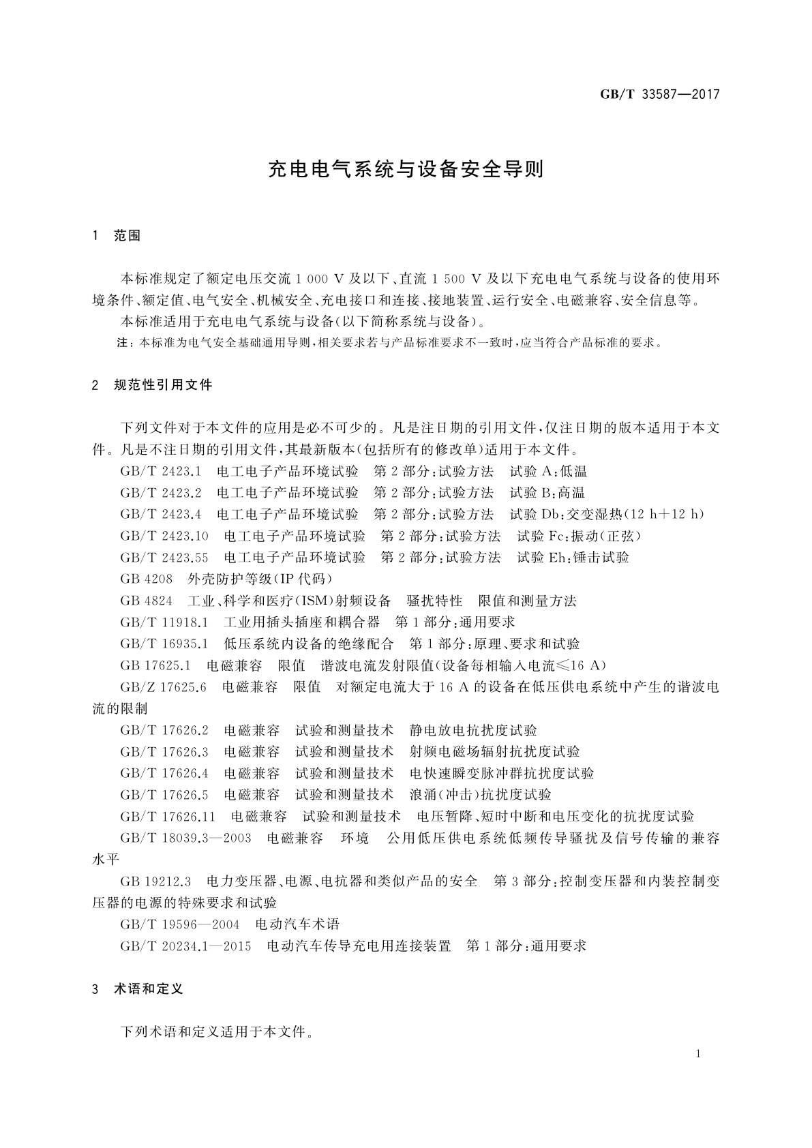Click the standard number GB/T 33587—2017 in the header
point(659,95)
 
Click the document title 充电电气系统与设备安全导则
point(406,170)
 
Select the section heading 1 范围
point(117,236)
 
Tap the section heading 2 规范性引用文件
point(152,385)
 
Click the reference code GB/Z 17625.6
point(163,687)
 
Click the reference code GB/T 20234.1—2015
point(185,946)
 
